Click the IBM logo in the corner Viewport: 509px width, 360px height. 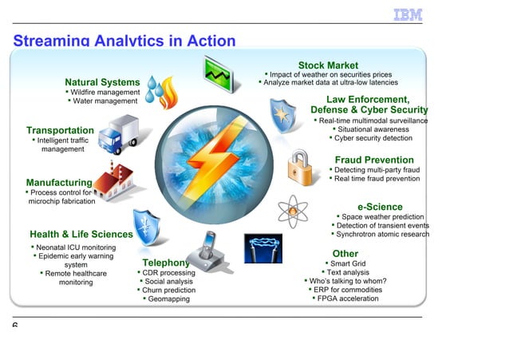pyautogui.click(x=407, y=14)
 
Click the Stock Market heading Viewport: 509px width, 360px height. pyautogui.click(x=328, y=65)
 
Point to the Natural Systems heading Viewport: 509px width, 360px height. pyautogui.click(x=102, y=82)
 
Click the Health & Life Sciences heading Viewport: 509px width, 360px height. pyautogui.click(x=81, y=234)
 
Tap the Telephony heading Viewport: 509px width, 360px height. pyautogui.click(x=166, y=263)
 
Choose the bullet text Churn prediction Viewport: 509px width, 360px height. pyautogui.click(x=168, y=291)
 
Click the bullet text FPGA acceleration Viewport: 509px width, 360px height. pyautogui.click(x=349, y=299)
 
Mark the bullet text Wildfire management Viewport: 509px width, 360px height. pyautogui.click(x=105, y=93)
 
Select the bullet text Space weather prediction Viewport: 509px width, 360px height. pyautogui.click(x=383, y=216)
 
